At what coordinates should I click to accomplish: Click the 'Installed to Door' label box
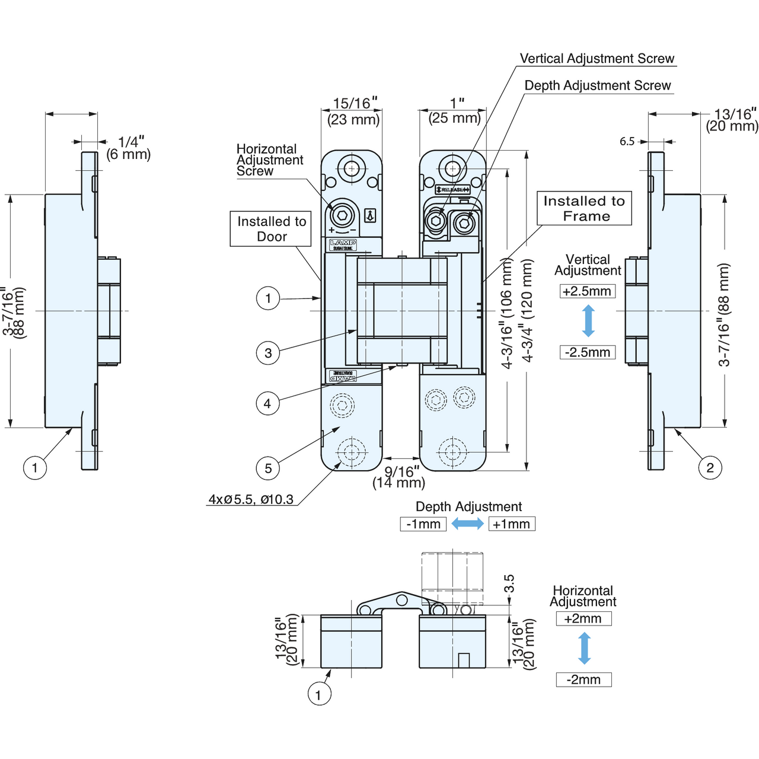[x=271, y=229]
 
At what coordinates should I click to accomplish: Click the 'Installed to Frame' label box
[x=584, y=208]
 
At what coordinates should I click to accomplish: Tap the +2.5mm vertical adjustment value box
[x=587, y=291]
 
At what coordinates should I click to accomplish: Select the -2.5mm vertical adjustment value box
[x=587, y=352]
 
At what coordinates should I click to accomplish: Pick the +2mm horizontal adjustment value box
[x=583, y=618]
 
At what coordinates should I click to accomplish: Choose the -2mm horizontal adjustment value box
[x=583, y=680]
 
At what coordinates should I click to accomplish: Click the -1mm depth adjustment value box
[x=423, y=524]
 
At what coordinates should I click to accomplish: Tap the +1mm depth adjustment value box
[x=511, y=524]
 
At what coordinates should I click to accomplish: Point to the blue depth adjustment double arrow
[x=467, y=524]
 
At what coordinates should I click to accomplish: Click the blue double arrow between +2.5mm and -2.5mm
[x=588, y=321]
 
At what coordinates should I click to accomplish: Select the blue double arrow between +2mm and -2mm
[x=585, y=649]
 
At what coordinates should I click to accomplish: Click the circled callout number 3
[x=268, y=353]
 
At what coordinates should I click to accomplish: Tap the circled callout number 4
[x=267, y=404]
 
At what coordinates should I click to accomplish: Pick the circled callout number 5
[x=268, y=468]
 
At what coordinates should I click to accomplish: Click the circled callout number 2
[x=710, y=468]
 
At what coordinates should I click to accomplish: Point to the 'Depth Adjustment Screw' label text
[x=598, y=85]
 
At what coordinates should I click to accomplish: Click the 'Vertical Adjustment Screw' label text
[x=597, y=58]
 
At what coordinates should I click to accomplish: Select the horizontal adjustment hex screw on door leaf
[x=343, y=213]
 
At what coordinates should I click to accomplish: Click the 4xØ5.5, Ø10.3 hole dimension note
[x=251, y=499]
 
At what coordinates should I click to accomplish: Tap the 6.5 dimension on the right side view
[x=627, y=141]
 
